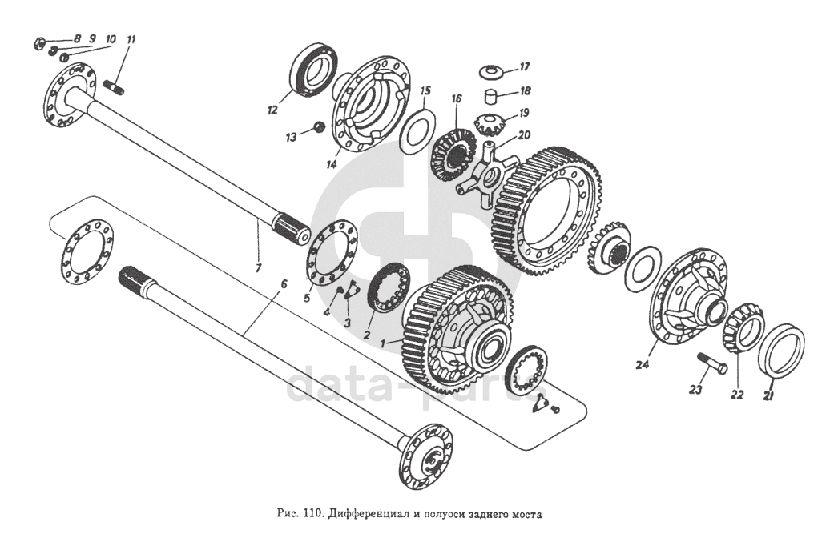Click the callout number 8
[77, 38]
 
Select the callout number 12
[272, 110]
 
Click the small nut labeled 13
[319, 127]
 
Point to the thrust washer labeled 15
[417, 132]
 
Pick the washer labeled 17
[491, 70]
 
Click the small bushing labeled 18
[491, 98]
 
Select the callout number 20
[524, 135]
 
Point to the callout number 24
[643, 365]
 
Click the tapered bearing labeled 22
[743, 333]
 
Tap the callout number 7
[258, 268]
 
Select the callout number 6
[284, 284]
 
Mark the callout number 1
[383, 343]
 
